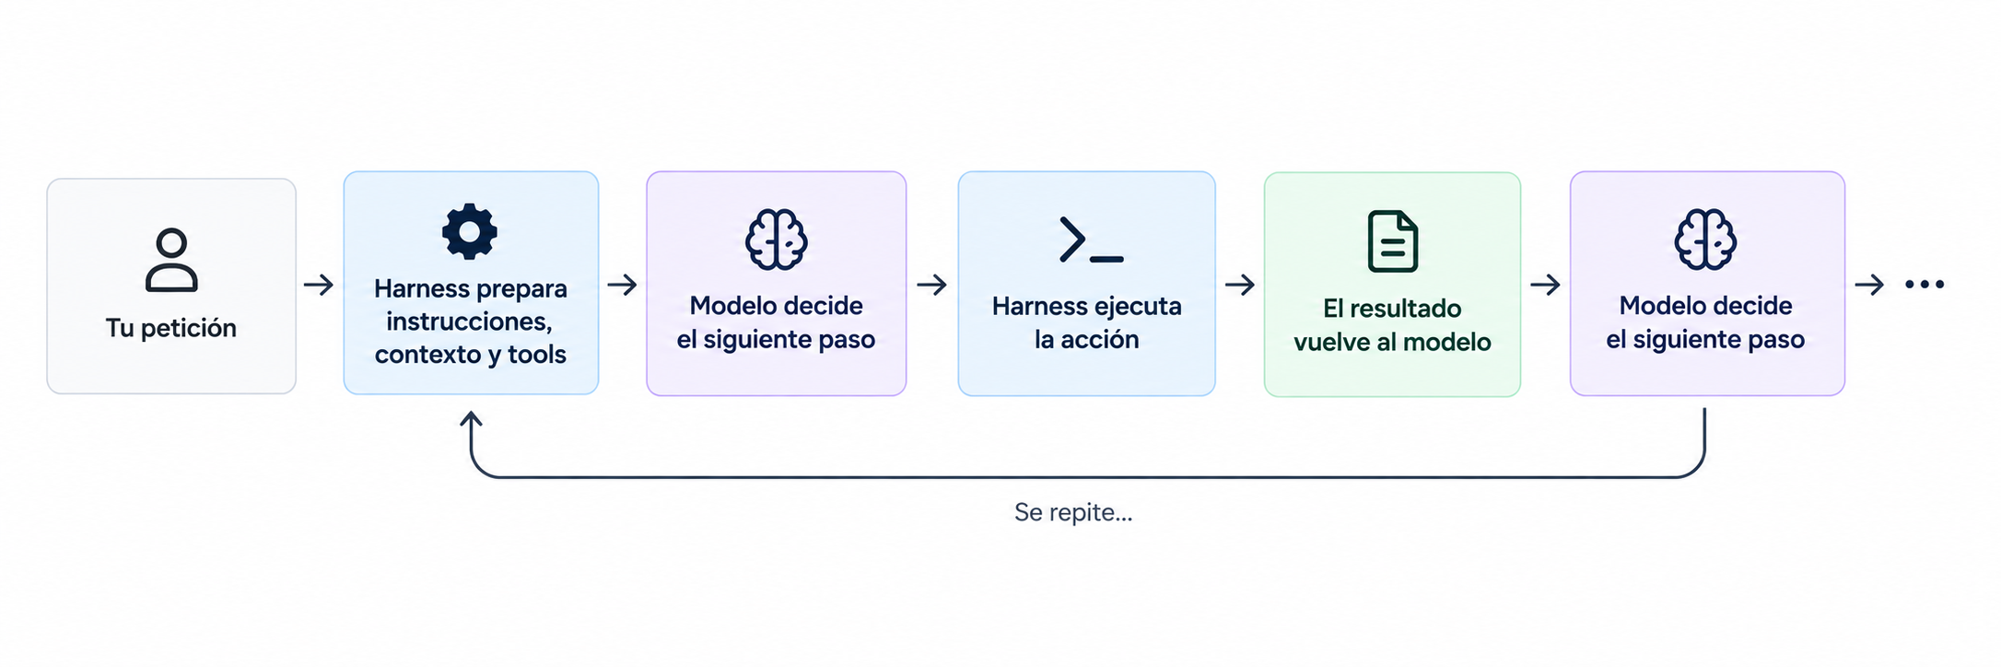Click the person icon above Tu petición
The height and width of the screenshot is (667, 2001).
coord(171,260)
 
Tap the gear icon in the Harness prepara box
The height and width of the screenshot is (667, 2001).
coord(470,231)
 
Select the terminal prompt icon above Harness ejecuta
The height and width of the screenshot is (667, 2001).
coord(1091,240)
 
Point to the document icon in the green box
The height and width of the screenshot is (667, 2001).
coord(1392,241)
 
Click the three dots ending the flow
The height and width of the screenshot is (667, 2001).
coord(1925,285)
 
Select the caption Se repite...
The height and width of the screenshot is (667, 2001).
coord(1073,512)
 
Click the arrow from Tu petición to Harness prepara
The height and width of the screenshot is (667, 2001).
coord(319,285)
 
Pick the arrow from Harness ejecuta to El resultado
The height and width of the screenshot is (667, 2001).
coord(1240,285)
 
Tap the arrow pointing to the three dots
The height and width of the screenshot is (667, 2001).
coord(1869,285)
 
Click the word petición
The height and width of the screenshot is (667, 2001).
coord(189,328)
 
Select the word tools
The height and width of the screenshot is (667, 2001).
coord(537,355)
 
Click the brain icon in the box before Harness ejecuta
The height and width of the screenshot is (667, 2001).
coord(777,240)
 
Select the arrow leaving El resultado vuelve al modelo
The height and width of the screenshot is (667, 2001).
coord(1545,285)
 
